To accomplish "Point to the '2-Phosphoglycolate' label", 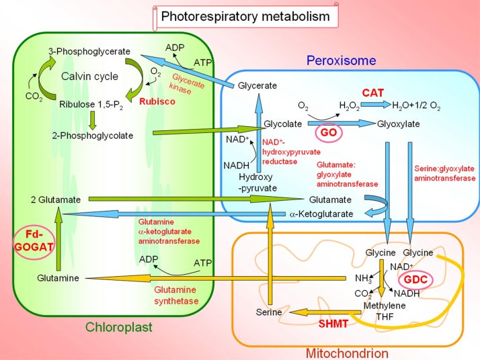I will coord(92,135).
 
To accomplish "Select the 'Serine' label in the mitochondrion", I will coord(269,312).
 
